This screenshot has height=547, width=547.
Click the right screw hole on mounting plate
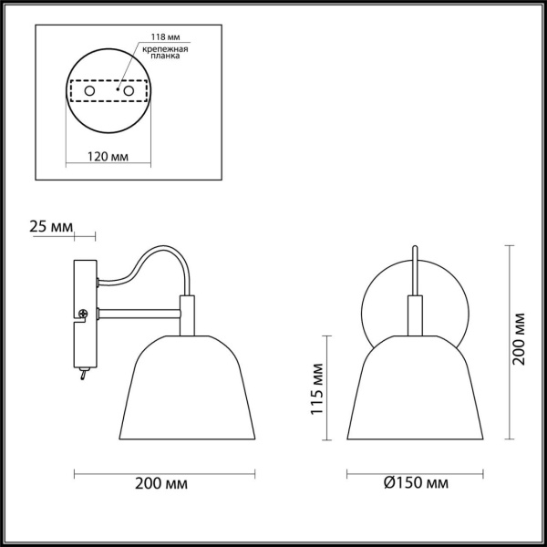[129, 92]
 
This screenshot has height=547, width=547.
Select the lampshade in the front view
[415, 392]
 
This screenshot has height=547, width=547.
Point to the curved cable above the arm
[146, 260]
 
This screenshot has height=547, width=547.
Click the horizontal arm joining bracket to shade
[137, 315]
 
